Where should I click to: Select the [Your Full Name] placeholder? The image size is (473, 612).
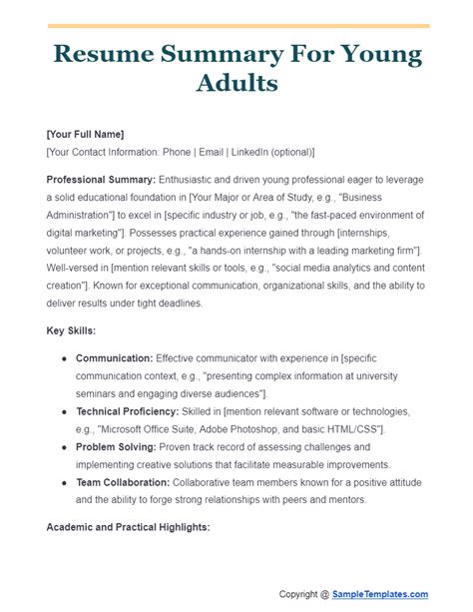click(x=86, y=135)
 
